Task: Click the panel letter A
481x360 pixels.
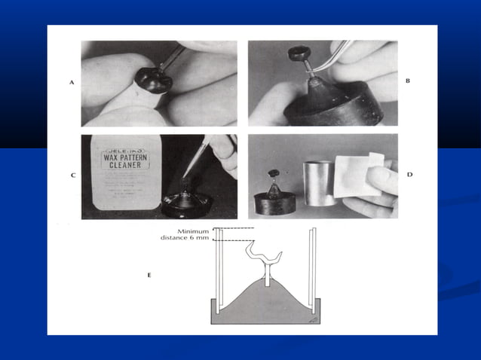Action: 71,84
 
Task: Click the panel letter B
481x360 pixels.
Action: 408,80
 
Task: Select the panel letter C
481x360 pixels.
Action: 71,175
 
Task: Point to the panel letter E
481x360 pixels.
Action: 149,276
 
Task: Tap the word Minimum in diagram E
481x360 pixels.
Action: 194,230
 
